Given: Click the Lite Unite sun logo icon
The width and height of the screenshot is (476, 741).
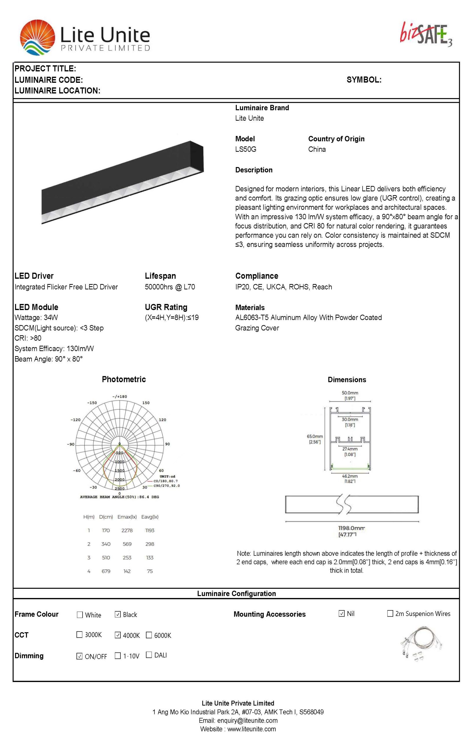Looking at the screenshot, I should (37, 37).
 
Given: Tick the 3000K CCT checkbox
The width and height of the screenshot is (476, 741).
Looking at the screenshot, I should (79, 635).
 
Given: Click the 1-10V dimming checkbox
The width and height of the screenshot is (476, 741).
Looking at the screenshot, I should (118, 656).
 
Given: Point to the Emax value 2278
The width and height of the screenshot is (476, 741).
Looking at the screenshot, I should (127, 531).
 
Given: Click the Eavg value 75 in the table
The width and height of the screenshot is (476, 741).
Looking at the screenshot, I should (150, 571).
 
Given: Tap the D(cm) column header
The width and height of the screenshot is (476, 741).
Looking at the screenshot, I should (106, 517).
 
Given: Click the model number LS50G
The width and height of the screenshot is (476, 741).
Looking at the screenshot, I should (246, 149).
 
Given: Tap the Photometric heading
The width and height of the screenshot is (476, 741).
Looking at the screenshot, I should (124, 379).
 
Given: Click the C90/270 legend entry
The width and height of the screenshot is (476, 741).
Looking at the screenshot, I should (166, 486).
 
